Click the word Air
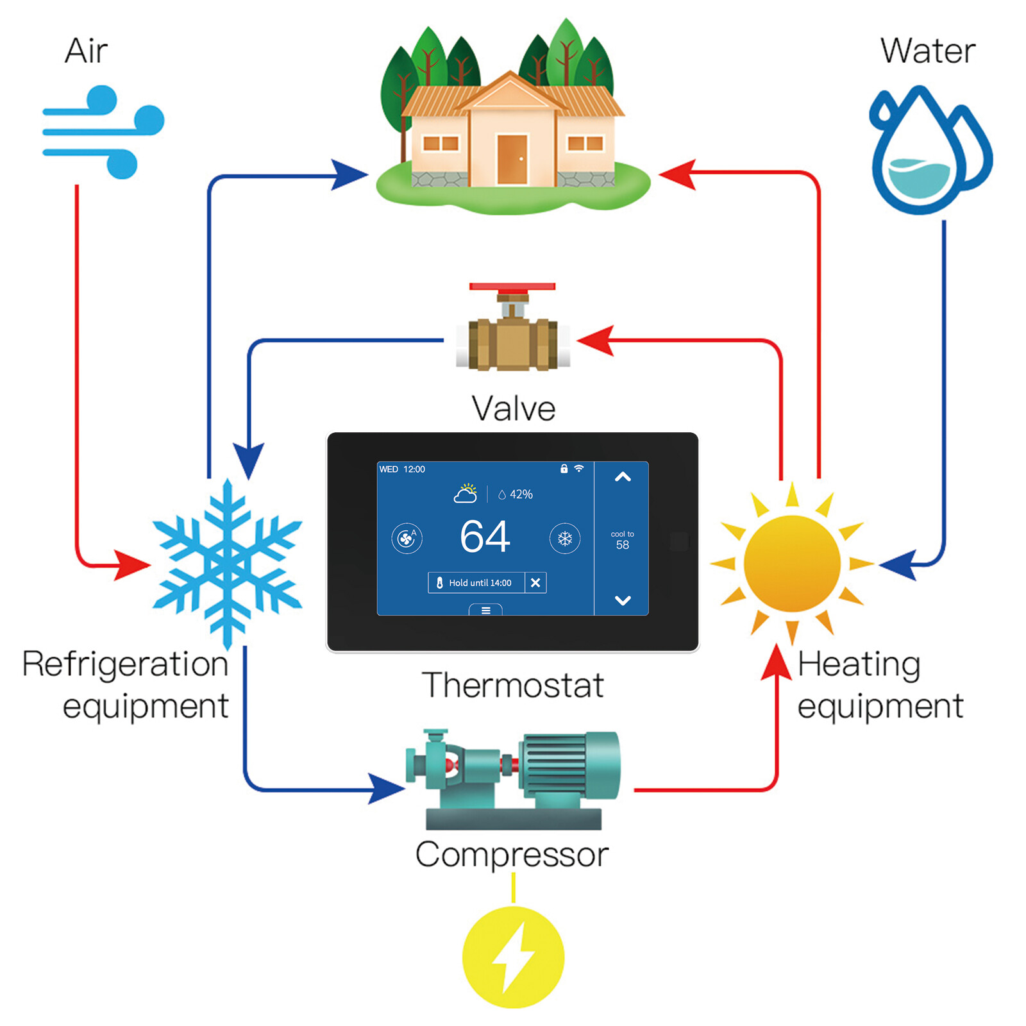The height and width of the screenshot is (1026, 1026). pos(86,51)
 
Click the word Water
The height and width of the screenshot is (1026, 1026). pos(927,51)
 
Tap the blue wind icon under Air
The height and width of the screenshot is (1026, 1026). pos(103,131)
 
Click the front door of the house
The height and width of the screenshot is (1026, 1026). pos(512,159)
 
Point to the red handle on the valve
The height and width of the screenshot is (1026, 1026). pos(512,287)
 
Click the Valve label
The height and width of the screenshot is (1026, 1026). pos(513,408)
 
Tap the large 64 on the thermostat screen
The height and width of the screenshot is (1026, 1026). pos(485,536)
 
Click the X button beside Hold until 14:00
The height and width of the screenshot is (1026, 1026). pos(535,583)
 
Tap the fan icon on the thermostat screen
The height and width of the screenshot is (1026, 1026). pos(407,539)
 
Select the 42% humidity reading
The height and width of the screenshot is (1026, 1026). pos(516,494)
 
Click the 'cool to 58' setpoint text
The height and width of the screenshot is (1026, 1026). pos(622,540)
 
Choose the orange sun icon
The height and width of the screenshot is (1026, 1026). pos(792,563)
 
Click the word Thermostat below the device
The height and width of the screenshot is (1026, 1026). pos(513,685)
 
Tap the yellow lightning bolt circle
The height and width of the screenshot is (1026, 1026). pos(513,957)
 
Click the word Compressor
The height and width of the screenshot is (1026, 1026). pos(512,854)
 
